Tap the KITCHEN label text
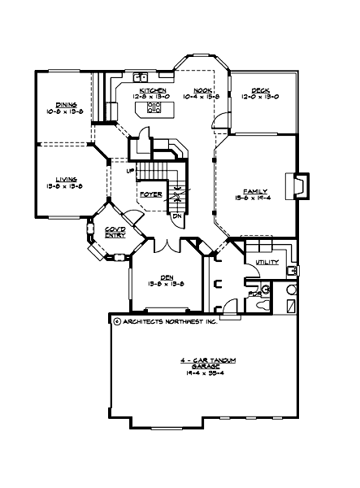pos(153,89)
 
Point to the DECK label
pos(260,89)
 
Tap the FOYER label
pos(151,195)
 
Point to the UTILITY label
pos(267,263)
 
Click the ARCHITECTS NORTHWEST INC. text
pos(169,321)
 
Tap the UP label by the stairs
pos(131,171)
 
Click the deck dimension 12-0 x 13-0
pos(260,96)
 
